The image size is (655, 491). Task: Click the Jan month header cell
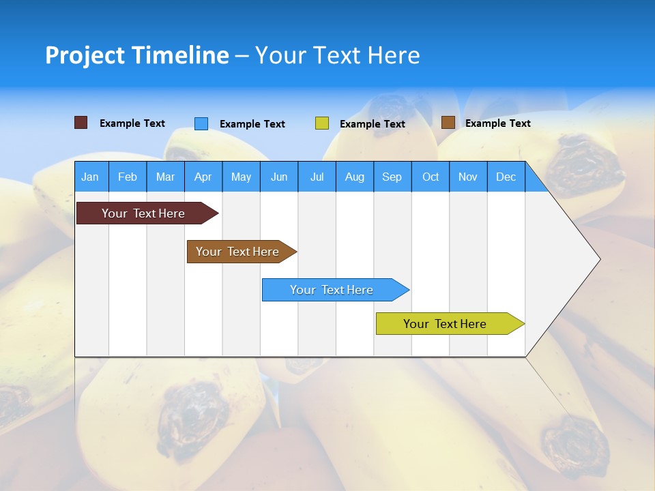(x=91, y=177)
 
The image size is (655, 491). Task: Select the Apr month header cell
(x=203, y=177)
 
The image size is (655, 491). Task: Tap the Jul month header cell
(x=317, y=177)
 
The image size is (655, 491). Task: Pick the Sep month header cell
(x=392, y=177)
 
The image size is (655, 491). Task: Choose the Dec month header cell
(x=506, y=177)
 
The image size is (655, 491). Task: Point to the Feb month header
(x=128, y=177)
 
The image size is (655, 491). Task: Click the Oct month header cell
(x=431, y=177)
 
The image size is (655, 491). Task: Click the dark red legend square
(x=81, y=123)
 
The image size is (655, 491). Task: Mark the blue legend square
(x=201, y=123)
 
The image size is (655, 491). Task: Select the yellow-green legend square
(x=322, y=123)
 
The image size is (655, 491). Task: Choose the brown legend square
(x=448, y=123)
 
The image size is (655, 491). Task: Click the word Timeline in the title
(x=179, y=55)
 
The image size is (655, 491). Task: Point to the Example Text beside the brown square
(x=497, y=123)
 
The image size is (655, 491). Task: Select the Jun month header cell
(x=279, y=177)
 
